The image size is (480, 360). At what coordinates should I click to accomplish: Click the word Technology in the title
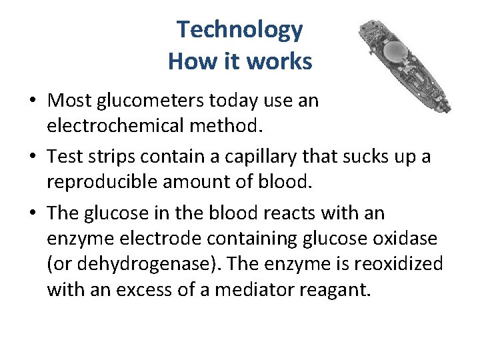239,30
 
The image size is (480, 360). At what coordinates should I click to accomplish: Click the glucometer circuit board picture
403,65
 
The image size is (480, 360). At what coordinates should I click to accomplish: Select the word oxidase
413,238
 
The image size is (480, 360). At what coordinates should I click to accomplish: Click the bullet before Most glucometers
33,101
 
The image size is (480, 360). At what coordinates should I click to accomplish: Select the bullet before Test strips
33,158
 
